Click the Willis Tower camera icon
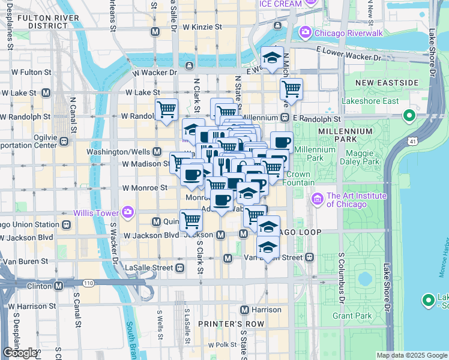pos(127,212)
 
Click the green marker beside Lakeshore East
pos(410,115)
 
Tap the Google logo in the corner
pos(20,353)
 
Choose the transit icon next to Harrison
pos(244,310)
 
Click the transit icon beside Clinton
pos(58,286)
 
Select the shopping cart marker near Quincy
pos(191,220)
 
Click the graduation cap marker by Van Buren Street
pos(267,246)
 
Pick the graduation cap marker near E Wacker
pos(272,58)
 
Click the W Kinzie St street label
pos(202,28)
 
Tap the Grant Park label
pos(349,314)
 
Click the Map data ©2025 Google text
pos(411,355)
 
